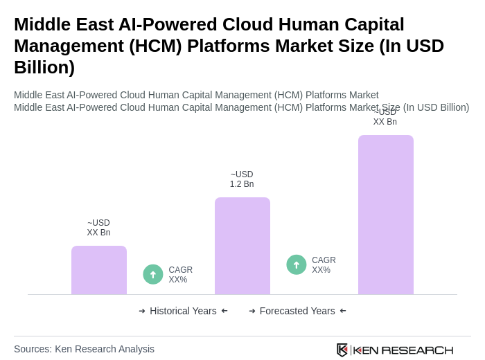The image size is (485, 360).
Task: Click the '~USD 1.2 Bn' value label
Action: pyautogui.click(x=242, y=179)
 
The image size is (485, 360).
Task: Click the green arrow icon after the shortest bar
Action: pyautogui.click(x=153, y=274)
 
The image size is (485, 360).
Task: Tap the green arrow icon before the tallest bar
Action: pyautogui.click(x=297, y=264)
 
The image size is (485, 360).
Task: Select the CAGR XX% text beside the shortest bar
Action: pyautogui.click(x=180, y=275)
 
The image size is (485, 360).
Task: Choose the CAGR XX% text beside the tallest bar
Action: pyautogui.click(x=324, y=265)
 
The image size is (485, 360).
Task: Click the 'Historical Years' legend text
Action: pyautogui.click(x=183, y=311)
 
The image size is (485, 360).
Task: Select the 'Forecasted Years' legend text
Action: pyautogui.click(x=297, y=311)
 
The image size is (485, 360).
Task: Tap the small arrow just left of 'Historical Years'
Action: pyautogui.click(x=142, y=311)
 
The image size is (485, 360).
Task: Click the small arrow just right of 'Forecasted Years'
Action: pyautogui.click(x=343, y=311)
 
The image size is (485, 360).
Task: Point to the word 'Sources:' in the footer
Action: pyautogui.click(x=33, y=349)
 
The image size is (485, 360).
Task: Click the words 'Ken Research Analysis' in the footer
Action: pyautogui.click(x=105, y=349)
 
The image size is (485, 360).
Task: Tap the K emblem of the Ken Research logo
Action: pyautogui.click(x=342, y=350)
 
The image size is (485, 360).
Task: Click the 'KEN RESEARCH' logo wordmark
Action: pyautogui.click(x=403, y=350)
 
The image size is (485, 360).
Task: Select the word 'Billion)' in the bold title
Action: pyautogui.click(x=44, y=67)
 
